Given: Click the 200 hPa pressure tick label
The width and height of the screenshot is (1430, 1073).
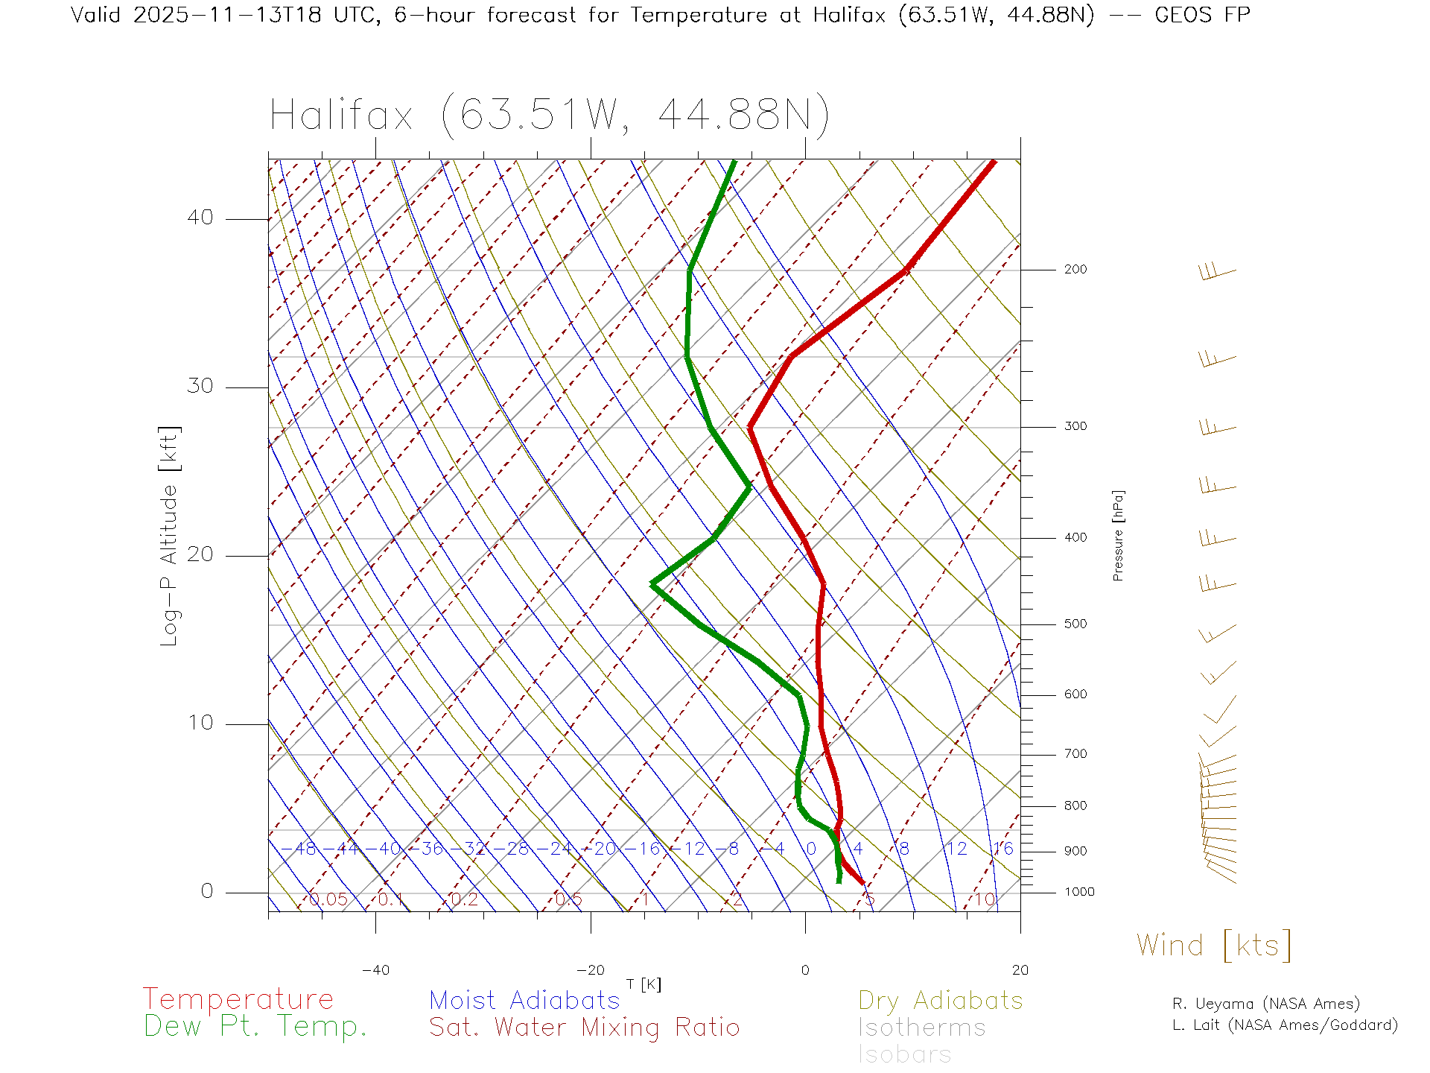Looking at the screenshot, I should point(1075,270).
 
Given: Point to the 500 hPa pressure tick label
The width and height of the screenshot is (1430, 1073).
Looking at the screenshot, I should point(1075,624).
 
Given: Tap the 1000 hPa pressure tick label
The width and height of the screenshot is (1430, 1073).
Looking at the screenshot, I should point(1079,892).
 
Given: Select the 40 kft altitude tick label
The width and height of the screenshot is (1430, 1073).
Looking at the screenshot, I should point(200,218).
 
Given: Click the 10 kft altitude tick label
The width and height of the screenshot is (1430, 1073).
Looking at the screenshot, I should point(200,723).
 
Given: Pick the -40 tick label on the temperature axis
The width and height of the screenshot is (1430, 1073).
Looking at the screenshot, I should point(375,970).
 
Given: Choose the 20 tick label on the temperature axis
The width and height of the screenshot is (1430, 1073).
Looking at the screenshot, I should point(1020,970).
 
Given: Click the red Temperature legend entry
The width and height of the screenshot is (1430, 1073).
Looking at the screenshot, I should point(238,999).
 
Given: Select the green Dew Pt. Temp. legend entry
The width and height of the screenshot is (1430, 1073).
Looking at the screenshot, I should point(255,1027).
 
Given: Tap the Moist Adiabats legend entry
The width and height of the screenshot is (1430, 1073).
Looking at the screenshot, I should point(525,1001).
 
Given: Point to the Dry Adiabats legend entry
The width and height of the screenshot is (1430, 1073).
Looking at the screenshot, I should point(940,1001).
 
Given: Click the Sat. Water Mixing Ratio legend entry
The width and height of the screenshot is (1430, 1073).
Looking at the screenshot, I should point(584,1028).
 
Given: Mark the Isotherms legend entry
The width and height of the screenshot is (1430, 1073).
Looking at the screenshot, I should point(921,1028).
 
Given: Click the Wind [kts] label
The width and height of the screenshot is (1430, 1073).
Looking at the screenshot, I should point(1213,946).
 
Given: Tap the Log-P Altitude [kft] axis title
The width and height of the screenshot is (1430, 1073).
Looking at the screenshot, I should point(170,536).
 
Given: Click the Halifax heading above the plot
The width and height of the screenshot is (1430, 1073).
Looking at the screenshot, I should point(549,115).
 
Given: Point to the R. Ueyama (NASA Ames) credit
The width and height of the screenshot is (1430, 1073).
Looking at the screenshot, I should point(1265,1004).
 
